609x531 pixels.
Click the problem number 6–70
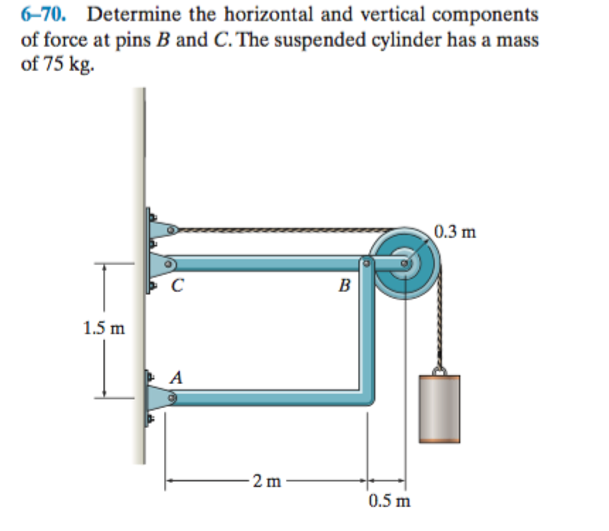(x=43, y=14)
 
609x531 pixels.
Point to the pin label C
(x=177, y=285)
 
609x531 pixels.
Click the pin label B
(x=344, y=285)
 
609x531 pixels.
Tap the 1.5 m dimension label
(x=104, y=328)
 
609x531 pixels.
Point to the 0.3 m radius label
(x=455, y=232)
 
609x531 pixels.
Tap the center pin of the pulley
(x=404, y=263)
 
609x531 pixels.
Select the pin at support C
(x=168, y=264)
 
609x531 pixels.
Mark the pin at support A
(x=172, y=398)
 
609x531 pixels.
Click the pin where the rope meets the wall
(x=171, y=230)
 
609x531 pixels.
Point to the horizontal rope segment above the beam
(x=283, y=230)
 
